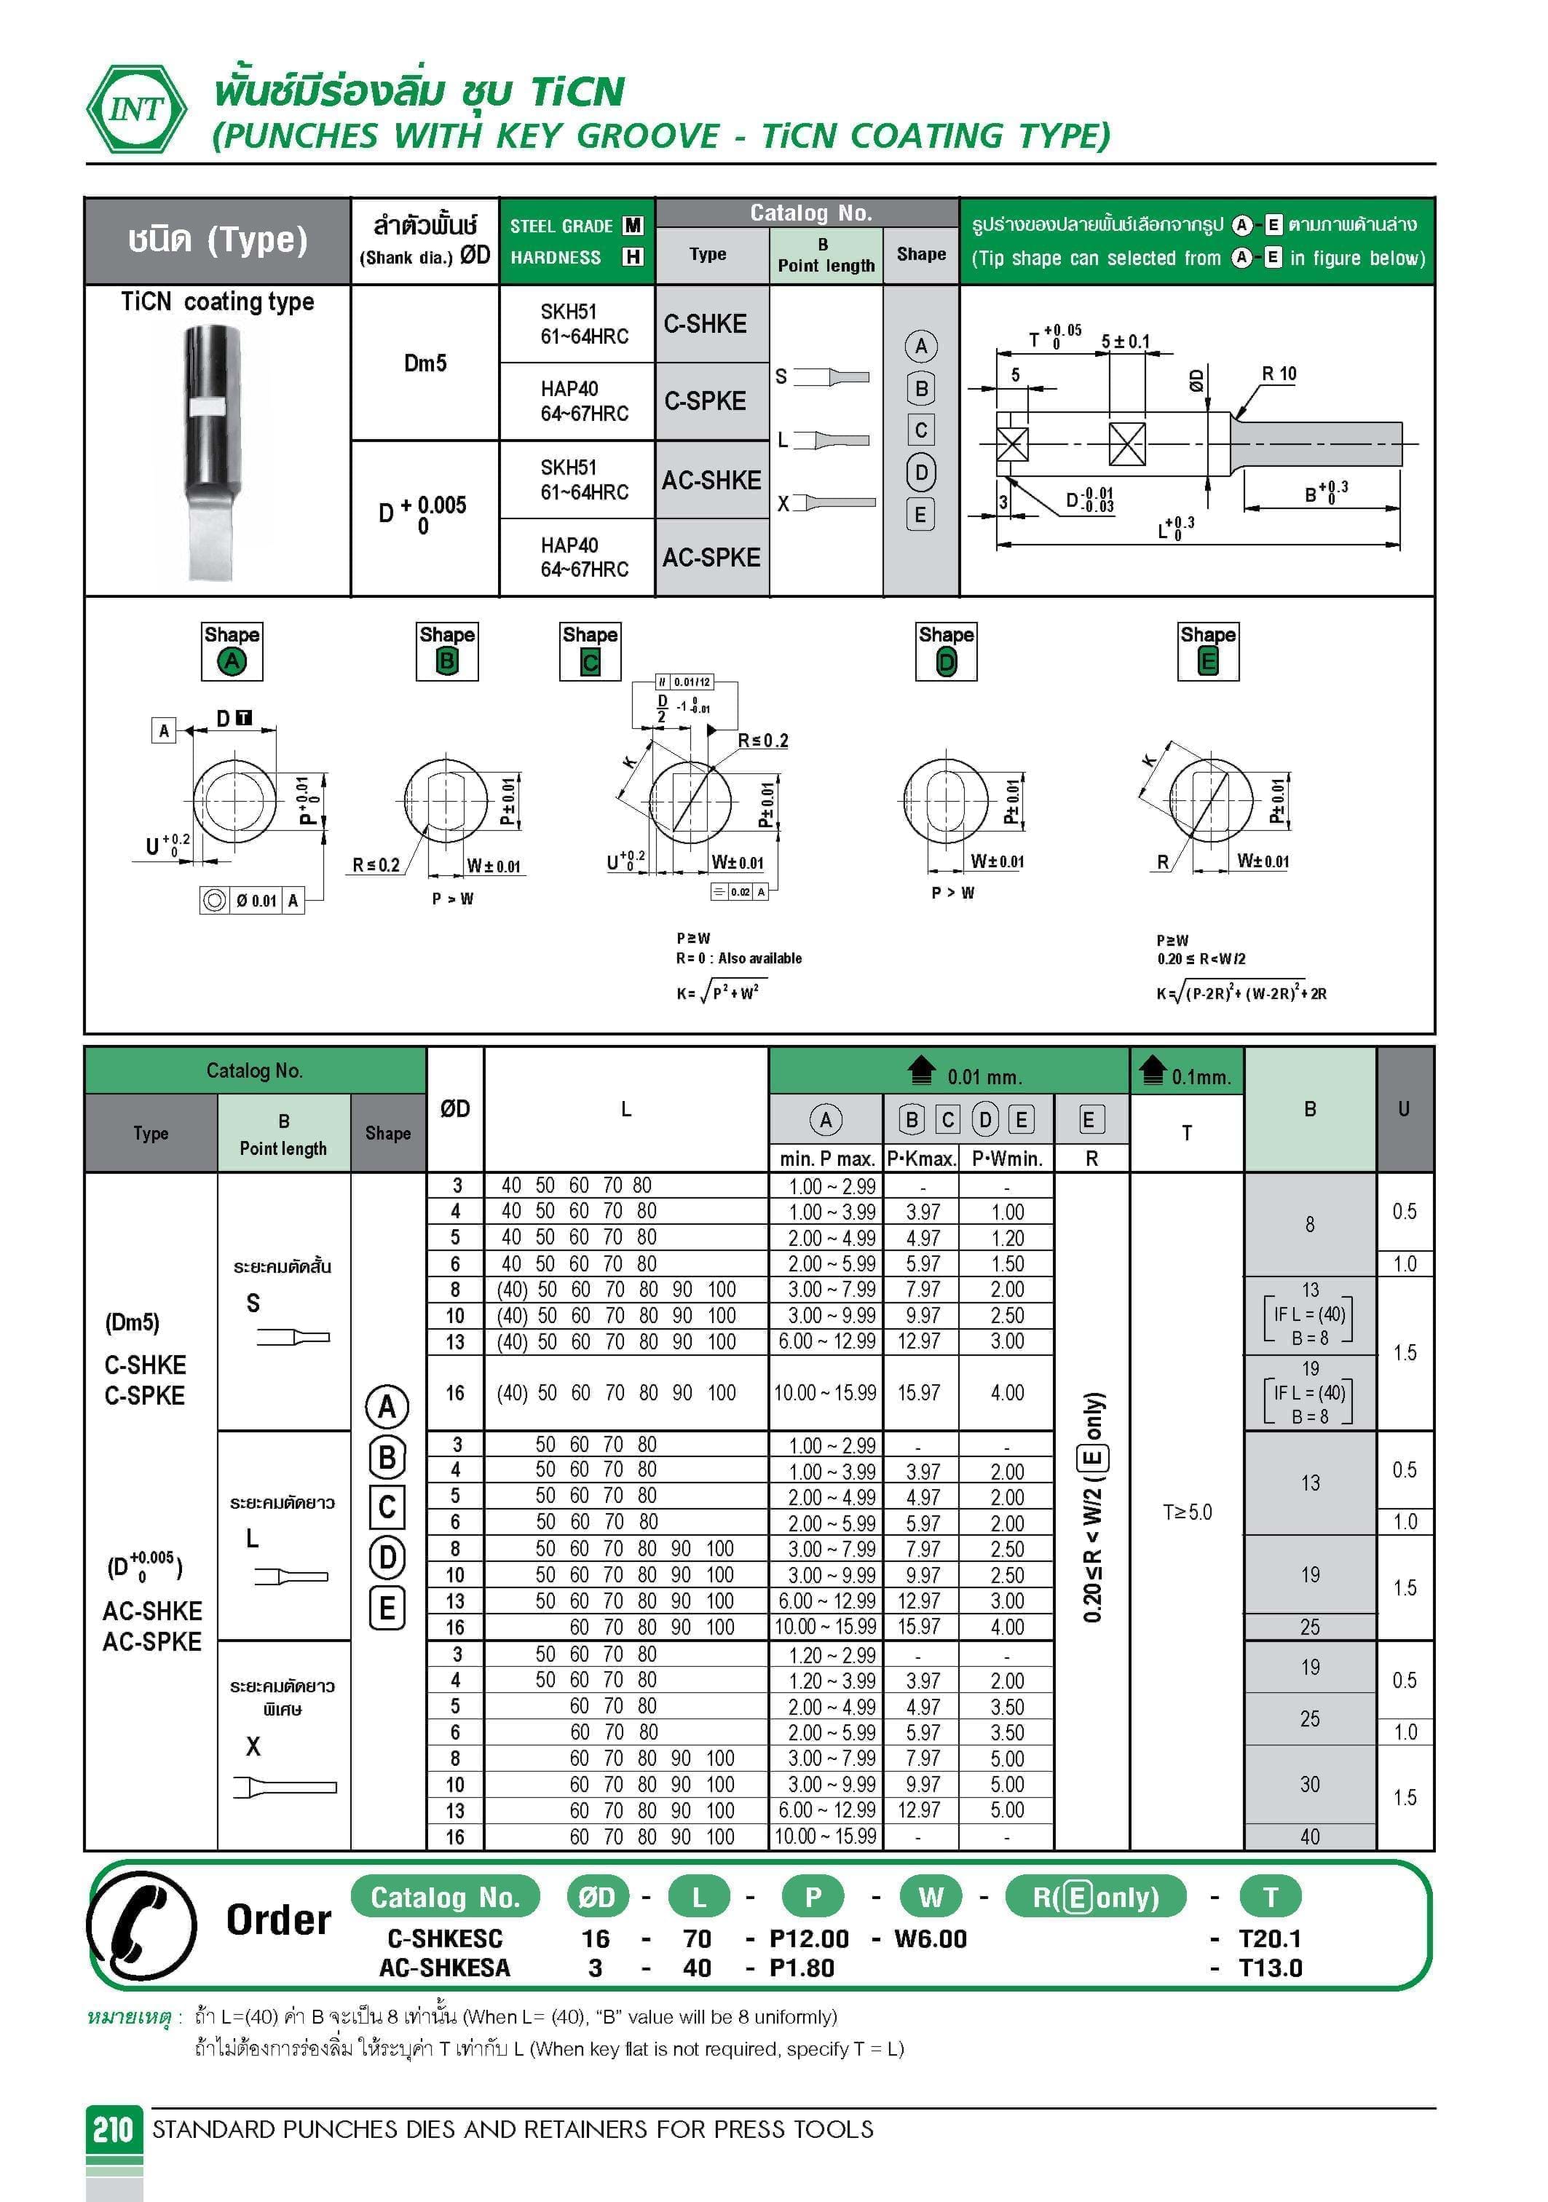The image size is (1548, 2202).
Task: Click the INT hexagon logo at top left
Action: tap(136, 108)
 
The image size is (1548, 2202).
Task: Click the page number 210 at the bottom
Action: tap(113, 2129)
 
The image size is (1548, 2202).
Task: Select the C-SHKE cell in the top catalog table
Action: tap(705, 324)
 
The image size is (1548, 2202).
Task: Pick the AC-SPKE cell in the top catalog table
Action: tap(711, 557)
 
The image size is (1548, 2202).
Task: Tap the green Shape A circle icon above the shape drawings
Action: tap(231, 660)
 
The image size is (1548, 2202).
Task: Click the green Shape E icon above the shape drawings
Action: tap(1207, 660)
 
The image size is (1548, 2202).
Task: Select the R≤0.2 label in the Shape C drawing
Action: tap(762, 741)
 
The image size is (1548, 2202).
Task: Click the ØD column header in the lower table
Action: tap(454, 1109)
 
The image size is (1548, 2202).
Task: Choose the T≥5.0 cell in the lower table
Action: tap(1186, 1512)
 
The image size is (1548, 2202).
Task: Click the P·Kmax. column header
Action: tap(921, 1159)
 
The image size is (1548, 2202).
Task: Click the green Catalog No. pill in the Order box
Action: tap(445, 1897)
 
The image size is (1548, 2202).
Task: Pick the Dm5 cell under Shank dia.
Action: tap(425, 363)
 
